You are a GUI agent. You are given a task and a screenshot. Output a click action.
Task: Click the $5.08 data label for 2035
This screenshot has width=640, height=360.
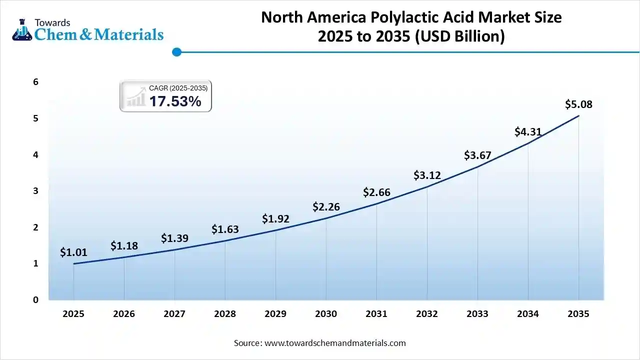click(578, 104)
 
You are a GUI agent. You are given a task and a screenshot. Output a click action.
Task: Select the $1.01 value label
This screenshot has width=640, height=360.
click(73, 252)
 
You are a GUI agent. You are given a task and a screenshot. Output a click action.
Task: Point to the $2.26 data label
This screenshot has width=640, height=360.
click(326, 206)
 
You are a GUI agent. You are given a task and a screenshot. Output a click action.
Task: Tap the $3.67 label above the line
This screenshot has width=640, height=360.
click(477, 155)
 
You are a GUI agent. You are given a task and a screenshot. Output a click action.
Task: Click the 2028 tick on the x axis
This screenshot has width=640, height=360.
click(225, 314)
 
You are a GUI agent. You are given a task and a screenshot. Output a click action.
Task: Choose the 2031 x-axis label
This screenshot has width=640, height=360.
click(376, 314)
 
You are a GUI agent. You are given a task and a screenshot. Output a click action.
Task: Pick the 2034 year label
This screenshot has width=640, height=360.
click(527, 314)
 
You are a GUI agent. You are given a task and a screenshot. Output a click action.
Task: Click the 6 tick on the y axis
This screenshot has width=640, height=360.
click(36, 82)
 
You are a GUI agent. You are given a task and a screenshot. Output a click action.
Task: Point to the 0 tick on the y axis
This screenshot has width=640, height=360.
click(36, 300)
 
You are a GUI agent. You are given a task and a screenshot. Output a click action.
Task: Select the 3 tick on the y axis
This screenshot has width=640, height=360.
click(36, 191)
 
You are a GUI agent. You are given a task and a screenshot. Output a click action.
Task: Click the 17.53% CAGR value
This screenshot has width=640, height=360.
click(175, 101)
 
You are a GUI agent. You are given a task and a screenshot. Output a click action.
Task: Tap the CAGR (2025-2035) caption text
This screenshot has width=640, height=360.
click(178, 88)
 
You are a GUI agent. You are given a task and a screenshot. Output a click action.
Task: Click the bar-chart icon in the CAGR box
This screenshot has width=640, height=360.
click(135, 97)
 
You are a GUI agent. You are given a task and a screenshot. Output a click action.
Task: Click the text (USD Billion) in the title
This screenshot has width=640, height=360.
click(460, 36)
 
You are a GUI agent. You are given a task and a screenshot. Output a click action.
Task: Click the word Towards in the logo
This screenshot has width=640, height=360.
click(52, 22)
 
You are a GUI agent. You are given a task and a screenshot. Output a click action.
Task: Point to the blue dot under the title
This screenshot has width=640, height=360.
click(176, 51)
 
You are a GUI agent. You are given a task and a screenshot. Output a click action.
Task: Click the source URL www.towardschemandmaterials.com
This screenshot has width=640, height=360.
click(334, 343)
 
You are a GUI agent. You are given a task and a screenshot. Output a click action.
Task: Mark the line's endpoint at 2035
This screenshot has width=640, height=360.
click(578, 116)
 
